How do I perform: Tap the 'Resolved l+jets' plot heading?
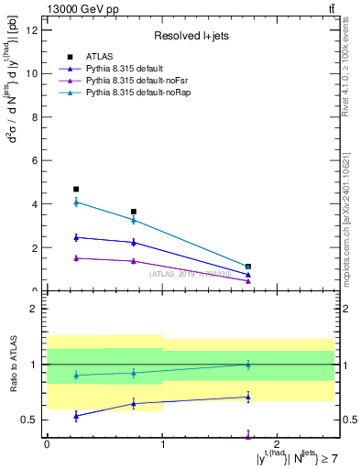click(190, 37)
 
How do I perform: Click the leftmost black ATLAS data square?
click(76, 190)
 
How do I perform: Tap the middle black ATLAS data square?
click(134, 212)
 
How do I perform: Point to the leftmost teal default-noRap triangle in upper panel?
click(76, 202)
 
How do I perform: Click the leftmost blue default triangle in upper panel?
click(76, 237)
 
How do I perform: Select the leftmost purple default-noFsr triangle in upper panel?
click(76, 258)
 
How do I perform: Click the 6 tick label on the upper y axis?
click(36, 160)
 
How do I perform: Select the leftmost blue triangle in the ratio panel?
click(76, 416)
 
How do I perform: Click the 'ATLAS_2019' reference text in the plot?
click(190, 274)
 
